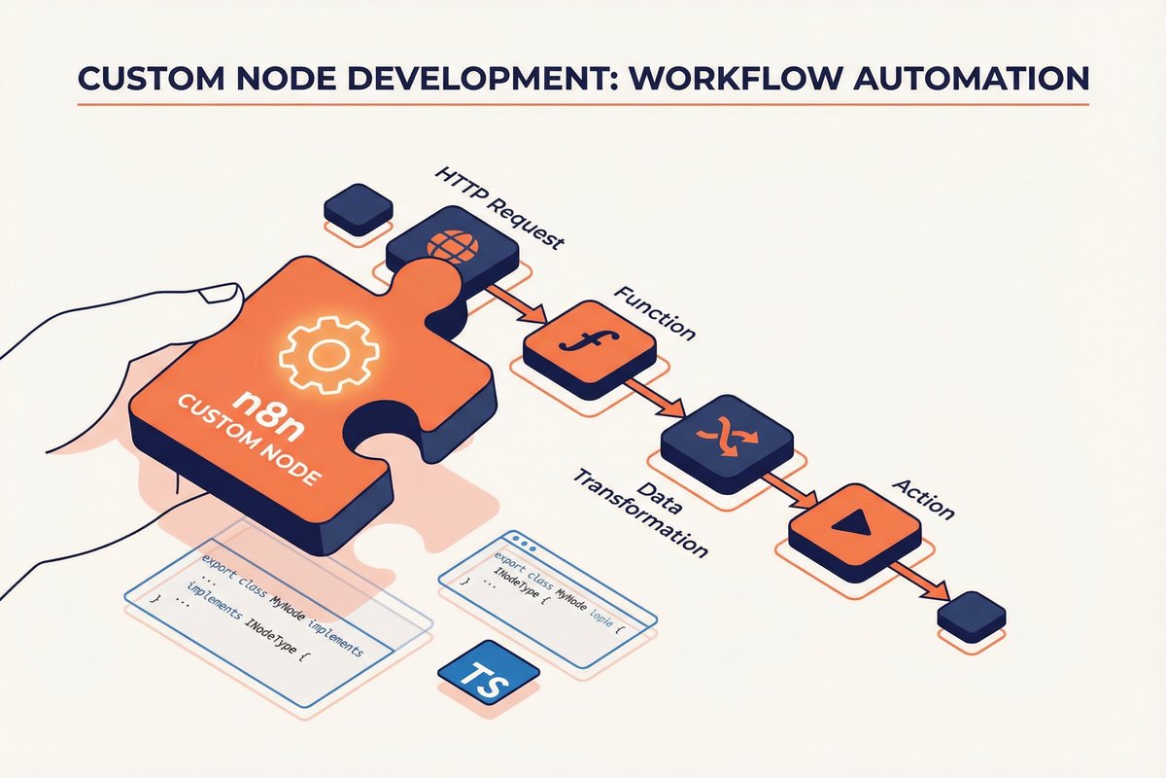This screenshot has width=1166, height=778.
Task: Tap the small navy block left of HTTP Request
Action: (359, 208)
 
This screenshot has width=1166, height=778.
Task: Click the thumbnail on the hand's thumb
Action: (223, 294)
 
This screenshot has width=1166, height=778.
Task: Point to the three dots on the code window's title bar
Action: (525, 541)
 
